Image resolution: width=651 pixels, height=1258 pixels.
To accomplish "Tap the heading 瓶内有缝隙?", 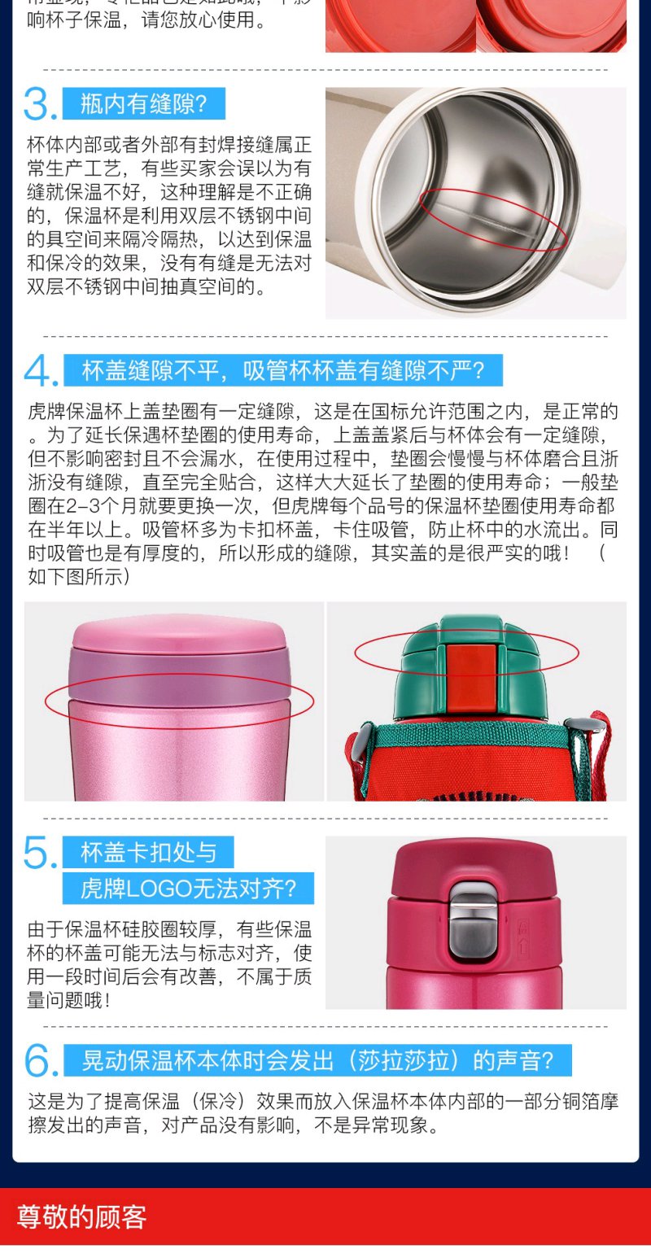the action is [x=144, y=104].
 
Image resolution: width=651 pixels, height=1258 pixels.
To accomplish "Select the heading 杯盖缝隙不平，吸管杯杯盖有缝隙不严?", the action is [x=283, y=371].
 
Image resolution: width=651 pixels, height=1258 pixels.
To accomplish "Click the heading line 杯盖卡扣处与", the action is [x=148, y=853].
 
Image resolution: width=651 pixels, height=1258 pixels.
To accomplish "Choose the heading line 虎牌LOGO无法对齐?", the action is [x=188, y=889].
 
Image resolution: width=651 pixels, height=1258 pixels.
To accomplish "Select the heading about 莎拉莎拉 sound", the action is [x=318, y=1060].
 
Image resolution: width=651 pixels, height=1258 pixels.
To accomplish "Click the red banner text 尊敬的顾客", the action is [x=81, y=1217].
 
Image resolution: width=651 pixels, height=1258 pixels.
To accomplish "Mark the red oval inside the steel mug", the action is [x=494, y=218].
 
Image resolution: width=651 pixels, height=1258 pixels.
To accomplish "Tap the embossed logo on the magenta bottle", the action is [x=523, y=934].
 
